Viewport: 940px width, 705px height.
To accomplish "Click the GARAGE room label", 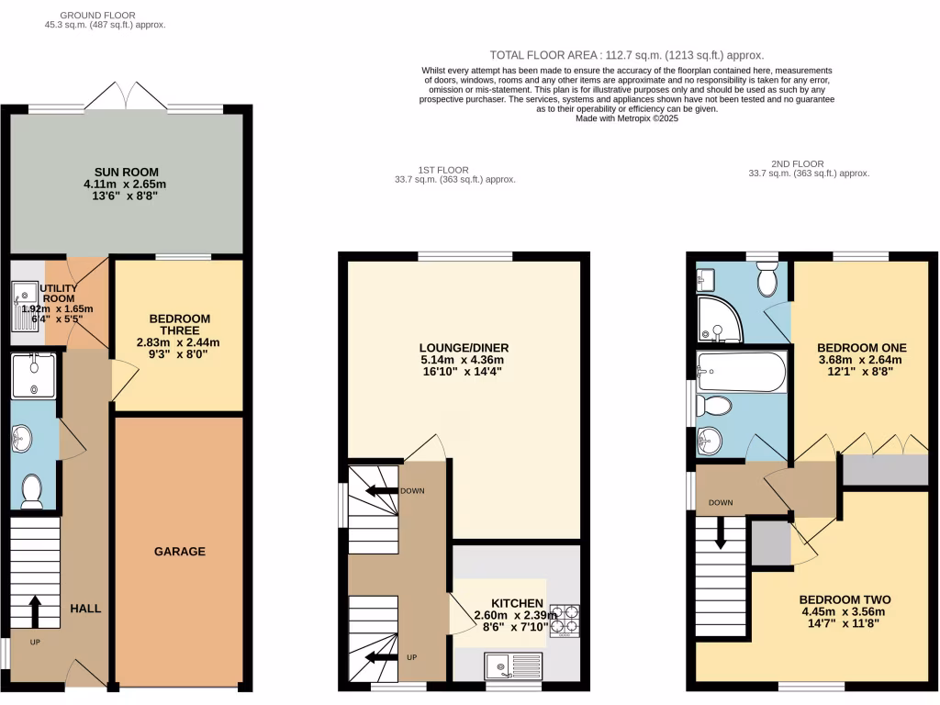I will tap(180, 552).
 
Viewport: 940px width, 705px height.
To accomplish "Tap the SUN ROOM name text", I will tap(127, 172).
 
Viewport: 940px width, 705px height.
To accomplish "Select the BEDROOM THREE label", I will tap(180, 325).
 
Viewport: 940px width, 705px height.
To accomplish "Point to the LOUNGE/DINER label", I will tap(464, 348).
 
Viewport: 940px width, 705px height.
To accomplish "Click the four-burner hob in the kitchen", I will tap(564, 620).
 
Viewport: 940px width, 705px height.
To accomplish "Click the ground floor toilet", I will tap(32, 491).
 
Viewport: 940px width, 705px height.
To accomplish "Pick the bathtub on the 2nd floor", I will tap(741, 373).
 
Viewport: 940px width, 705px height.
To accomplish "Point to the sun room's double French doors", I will tap(127, 96).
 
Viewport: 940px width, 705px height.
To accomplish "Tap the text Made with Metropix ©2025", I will tap(625, 118).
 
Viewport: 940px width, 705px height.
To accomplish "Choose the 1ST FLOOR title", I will tap(443, 170).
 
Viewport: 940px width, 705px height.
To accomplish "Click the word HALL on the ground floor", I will tap(85, 609).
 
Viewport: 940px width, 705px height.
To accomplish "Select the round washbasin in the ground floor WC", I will tap(21, 439).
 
